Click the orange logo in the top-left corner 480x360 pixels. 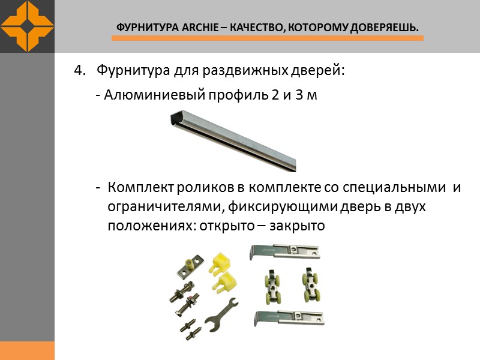[x=27, y=26]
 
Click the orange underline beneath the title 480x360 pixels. [x=268, y=38]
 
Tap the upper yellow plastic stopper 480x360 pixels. [x=222, y=262]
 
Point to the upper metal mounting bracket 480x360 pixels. [x=286, y=252]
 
